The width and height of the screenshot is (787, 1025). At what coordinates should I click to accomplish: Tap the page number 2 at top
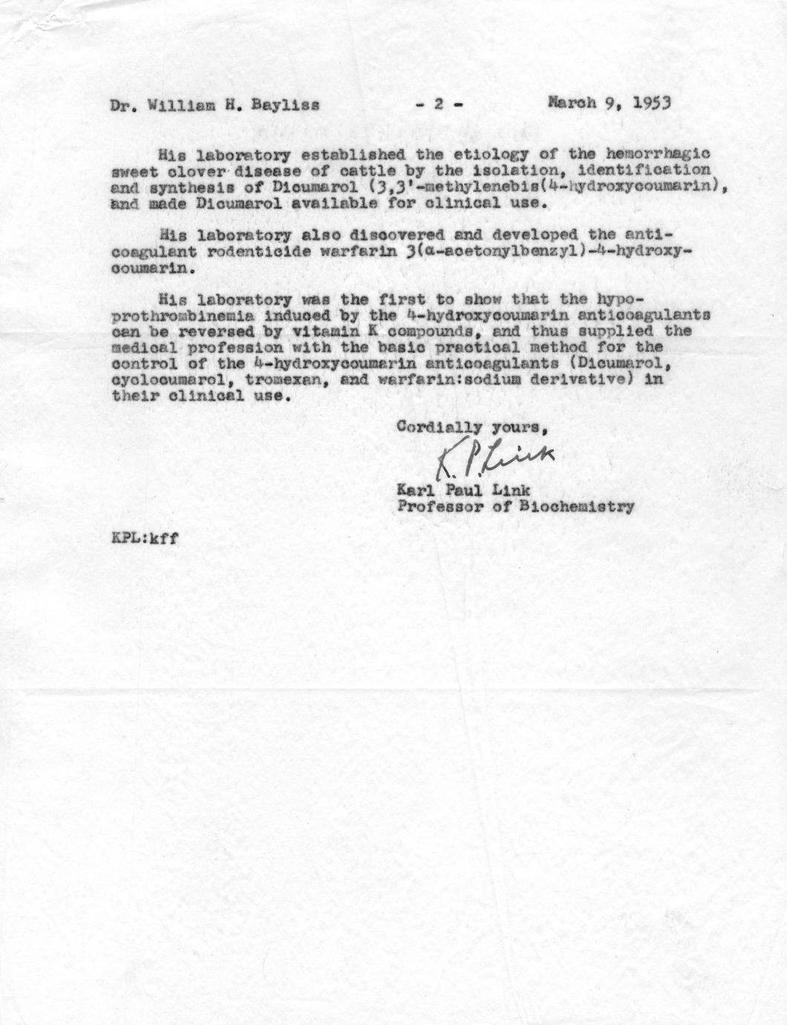tap(438, 105)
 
